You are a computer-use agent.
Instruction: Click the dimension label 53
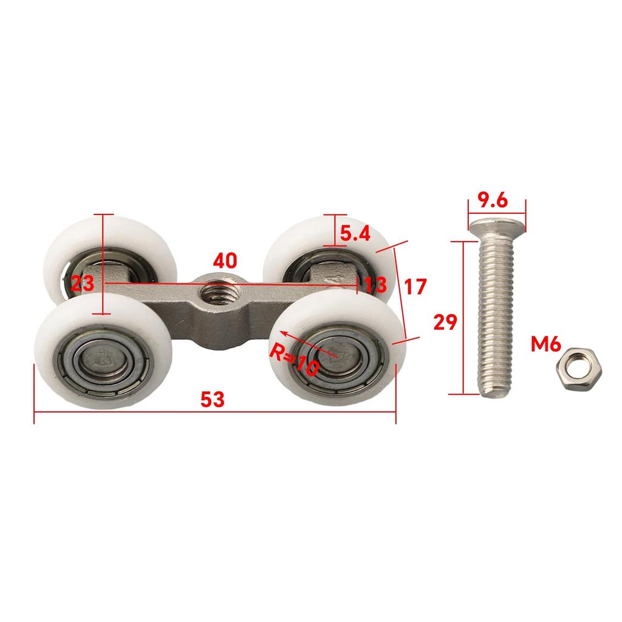(x=213, y=399)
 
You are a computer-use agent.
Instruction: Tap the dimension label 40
(x=225, y=261)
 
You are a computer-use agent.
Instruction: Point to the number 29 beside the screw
(x=445, y=322)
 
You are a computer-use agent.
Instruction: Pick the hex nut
(x=573, y=368)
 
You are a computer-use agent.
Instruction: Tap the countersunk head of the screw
(x=497, y=227)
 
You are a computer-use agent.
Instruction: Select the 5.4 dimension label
(x=355, y=234)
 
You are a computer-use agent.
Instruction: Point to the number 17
(x=415, y=286)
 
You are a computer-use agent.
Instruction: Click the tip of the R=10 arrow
(x=281, y=332)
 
